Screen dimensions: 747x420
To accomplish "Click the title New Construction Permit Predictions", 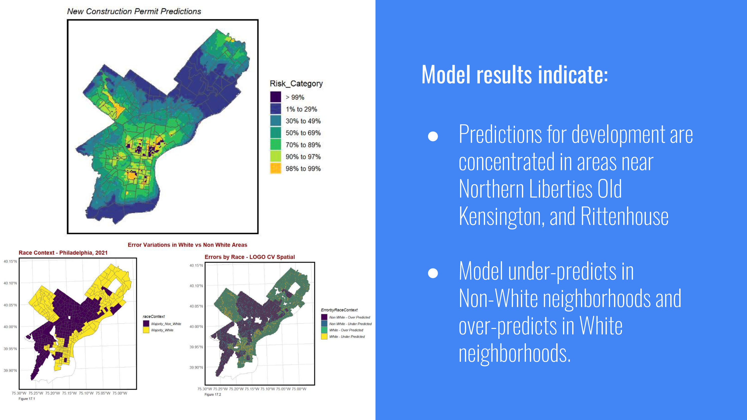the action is coord(134,11).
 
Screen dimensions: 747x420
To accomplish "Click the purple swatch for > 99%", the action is coord(275,97).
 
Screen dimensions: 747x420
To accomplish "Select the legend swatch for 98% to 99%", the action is coord(275,168).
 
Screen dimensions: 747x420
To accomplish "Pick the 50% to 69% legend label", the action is coord(303,133).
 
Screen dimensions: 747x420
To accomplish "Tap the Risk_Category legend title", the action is coord(296,84).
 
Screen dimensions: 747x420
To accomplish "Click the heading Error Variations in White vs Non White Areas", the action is coord(187,245).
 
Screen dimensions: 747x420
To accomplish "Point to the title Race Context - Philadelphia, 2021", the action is coord(63,253).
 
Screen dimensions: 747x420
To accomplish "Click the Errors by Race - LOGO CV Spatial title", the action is coord(250,257).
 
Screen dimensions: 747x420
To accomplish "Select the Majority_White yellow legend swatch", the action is coord(146,330).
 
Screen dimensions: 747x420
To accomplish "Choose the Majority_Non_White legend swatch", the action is coord(146,324).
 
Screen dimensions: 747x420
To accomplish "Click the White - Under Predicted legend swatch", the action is coord(324,336).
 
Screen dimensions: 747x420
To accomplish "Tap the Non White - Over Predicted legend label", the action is coord(349,317).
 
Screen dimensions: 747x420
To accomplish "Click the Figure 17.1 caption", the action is coord(27,399).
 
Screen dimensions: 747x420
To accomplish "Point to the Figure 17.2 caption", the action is coord(213,394).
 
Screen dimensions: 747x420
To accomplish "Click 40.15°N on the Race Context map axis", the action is coord(10,262).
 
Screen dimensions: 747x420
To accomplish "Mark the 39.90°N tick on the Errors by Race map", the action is coord(196,367).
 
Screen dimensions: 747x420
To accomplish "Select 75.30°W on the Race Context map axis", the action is coord(19,393).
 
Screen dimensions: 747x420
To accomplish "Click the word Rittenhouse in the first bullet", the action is coord(624,216).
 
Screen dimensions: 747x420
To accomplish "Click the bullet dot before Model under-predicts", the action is coord(433,273).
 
